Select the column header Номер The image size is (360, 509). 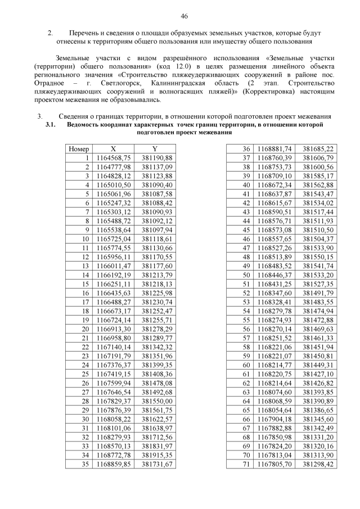[79, 149]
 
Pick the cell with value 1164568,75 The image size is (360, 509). [114, 158]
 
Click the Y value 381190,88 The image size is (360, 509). [157, 158]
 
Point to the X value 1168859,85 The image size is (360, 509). [114, 464]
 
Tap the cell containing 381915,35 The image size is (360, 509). [157, 455]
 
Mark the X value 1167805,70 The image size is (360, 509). [274, 464]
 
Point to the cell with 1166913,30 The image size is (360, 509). [114, 329]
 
